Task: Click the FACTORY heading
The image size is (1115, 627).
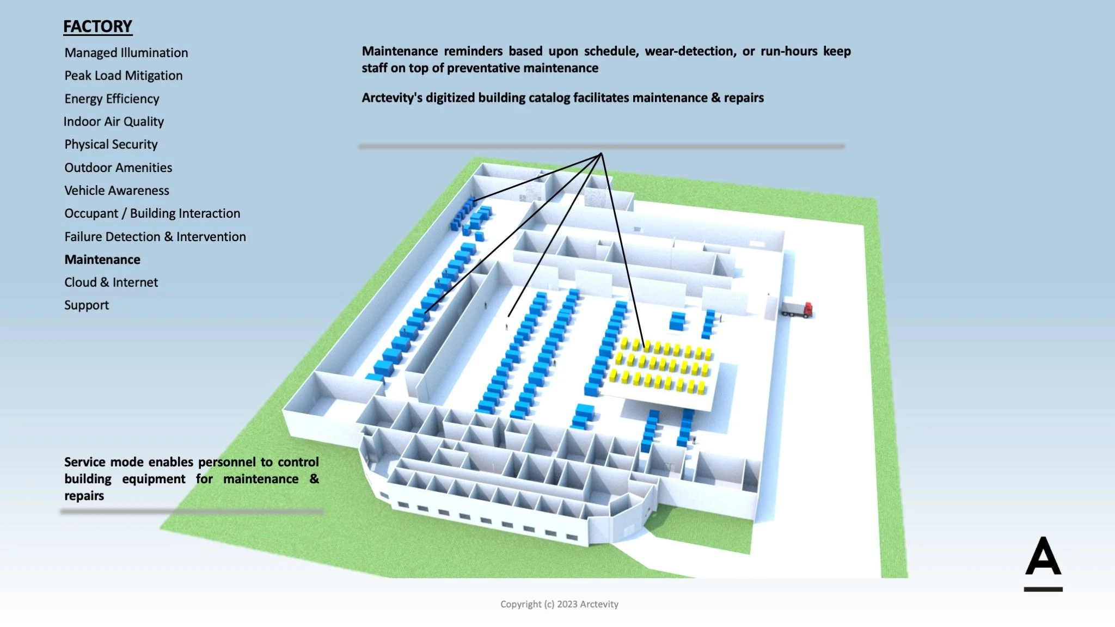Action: click(97, 27)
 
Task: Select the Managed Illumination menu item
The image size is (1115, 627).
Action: click(126, 53)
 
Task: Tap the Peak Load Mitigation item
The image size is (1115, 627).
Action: click(123, 76)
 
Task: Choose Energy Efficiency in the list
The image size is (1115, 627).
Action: click(112, 99)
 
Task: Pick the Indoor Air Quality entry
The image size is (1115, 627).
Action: click(113, 121)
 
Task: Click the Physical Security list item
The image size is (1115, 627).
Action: click(111, 144)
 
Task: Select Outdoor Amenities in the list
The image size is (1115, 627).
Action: click(118, 168)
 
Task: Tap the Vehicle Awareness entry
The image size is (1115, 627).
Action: click(117, 190)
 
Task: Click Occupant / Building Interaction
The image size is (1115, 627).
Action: click(152, 213)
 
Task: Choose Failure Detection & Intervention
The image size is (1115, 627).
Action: click(155, 237)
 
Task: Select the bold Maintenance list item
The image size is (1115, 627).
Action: click(102, 260)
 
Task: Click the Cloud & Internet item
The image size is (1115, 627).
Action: click(111, 282)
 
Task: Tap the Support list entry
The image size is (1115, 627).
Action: click(87, 305)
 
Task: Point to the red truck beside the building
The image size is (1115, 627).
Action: click(799, 310)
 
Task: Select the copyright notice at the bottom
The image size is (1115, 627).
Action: click(559, 604)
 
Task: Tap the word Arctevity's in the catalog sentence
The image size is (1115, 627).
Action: click(391, 98)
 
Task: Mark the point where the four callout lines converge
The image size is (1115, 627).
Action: click(601, 153)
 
